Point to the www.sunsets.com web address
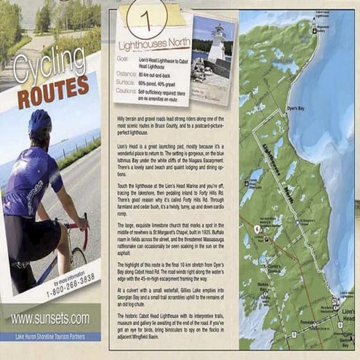[x=50, y=318]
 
